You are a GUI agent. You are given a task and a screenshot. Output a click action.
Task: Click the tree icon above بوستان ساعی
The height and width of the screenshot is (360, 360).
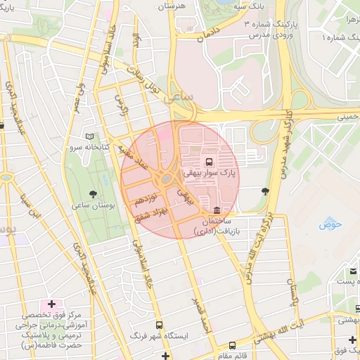pos(94,193)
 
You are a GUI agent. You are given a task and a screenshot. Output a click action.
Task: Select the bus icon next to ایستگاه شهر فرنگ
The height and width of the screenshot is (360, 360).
pos(160,326)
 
